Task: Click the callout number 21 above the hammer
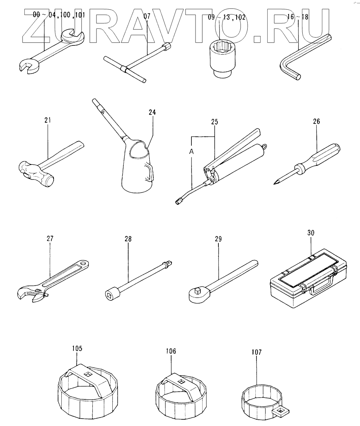(x=48, y=120)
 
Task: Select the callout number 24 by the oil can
(x=152, y=112)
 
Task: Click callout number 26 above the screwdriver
(x=316, y=121)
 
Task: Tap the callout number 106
(x=171, y=351)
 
